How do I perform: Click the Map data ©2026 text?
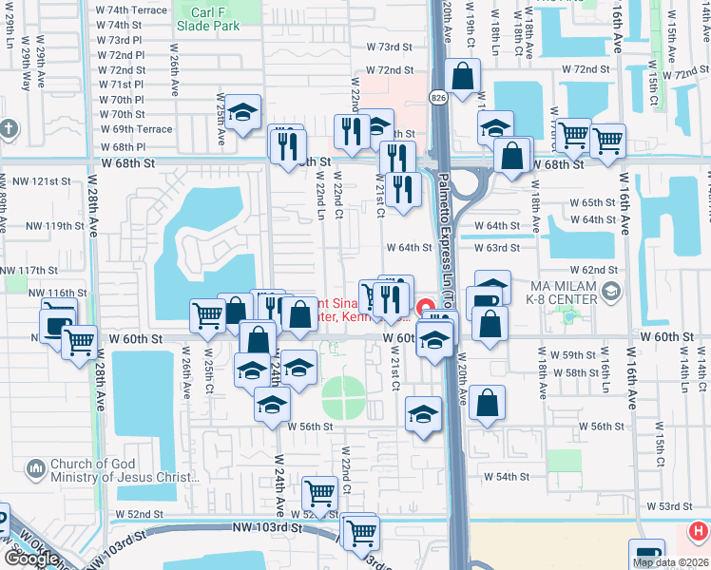click(x=670, y=562)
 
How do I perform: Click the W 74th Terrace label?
click(x=131, y=9)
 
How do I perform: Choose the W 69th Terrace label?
click(x=135, y=129)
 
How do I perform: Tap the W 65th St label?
click(x=600, y=203)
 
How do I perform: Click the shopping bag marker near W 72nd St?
click(x=462, y=76)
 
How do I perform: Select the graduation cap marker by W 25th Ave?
click(x=242, y=112)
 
